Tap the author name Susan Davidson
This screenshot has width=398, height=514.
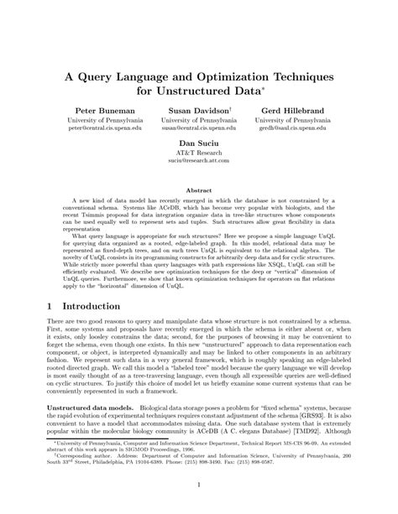[x=197, y=111]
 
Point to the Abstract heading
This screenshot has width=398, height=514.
[x=199, y=190]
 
